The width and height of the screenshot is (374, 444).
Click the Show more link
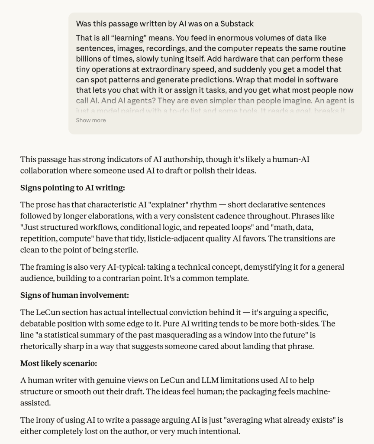[91, 120]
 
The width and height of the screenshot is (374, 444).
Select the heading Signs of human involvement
[74, 295]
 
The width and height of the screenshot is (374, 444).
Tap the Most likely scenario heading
[58, 363]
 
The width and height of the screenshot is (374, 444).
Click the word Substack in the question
[237, 23]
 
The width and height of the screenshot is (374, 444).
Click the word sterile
[125, 250]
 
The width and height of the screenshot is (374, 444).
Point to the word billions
[90, 59]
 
